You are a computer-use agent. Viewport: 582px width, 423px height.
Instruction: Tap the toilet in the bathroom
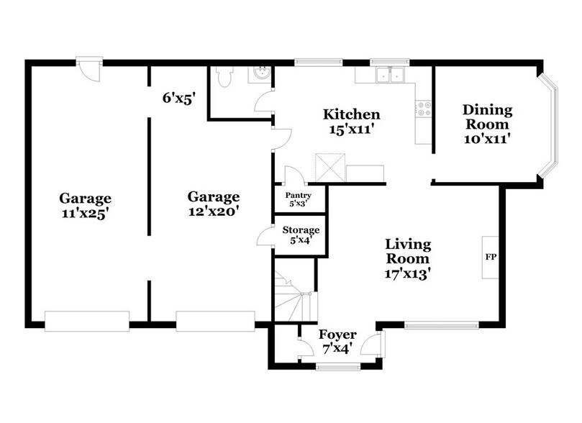[223, 77]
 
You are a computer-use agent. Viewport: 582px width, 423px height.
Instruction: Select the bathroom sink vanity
[259, 75]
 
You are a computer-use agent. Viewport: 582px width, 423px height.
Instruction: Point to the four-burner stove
[423, 109]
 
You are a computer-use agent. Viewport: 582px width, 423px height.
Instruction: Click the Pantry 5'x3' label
[298, 199]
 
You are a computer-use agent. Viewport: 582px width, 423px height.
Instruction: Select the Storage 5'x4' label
[300, 235]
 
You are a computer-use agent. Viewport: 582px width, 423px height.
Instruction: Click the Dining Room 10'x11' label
[487, 124]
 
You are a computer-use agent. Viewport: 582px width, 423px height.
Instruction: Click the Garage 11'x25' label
[85, 205]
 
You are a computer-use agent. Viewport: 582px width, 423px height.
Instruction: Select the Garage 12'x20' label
[214, 204]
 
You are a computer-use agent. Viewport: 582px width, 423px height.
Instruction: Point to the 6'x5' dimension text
[179, 99]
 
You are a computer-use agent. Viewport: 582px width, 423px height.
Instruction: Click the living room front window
[441, 325]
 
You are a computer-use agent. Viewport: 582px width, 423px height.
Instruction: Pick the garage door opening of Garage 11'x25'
[87, 321]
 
